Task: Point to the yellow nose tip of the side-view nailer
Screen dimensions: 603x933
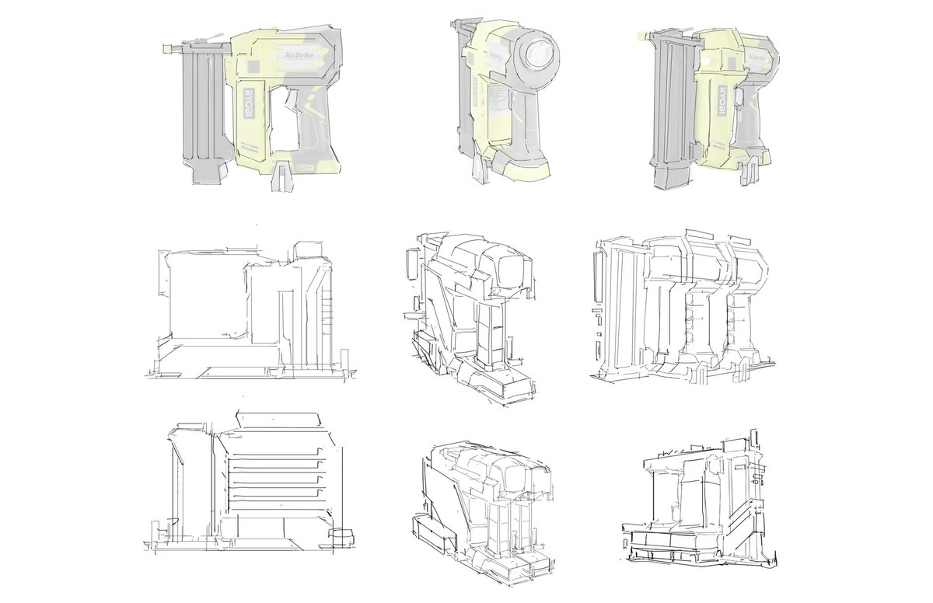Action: pos(166,49)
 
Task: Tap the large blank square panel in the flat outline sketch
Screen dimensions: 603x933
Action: pos(206,295)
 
